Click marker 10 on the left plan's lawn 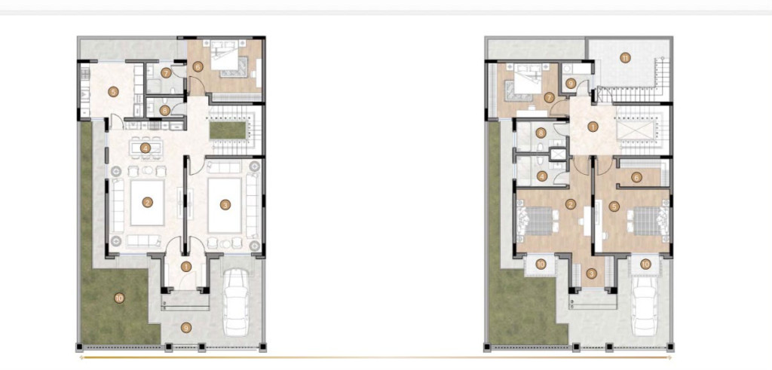[x=118, y=298]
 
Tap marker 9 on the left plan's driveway [x=185, y=327]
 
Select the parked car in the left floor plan [x=236, y=301]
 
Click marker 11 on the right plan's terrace [x=625, y=57]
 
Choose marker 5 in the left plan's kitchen [x=113, y=91]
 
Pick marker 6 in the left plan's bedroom [x=198, y=66]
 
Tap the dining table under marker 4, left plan [x=146, y=147]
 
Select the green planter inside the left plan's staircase [x=228, y=130]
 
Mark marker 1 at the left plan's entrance [x=185, y=267]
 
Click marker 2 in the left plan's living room [x=147, y=202]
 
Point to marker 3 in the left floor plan [x=225, y=205]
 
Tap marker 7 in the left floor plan [x=165, y=73]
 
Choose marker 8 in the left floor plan [x=165, y=111]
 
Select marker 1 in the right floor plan [x=593, y=127]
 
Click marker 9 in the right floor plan [x=571, y=84]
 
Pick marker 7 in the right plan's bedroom [x=550, y=97]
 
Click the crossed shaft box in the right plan [x=558, y=154]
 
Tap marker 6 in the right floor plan [x=636, y=177]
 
